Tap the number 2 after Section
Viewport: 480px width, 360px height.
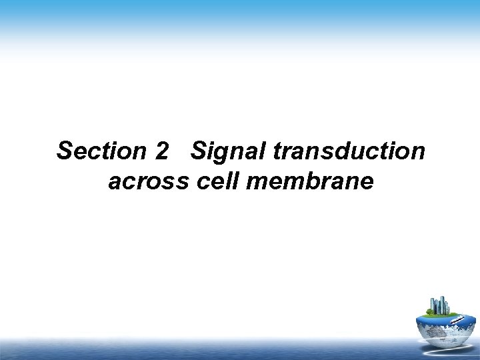(x=161, y=151)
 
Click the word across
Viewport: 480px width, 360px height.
(x=149, y=181)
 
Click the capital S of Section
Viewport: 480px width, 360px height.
(x=65, y=151)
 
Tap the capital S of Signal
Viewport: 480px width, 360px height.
(x=198, y=151)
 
